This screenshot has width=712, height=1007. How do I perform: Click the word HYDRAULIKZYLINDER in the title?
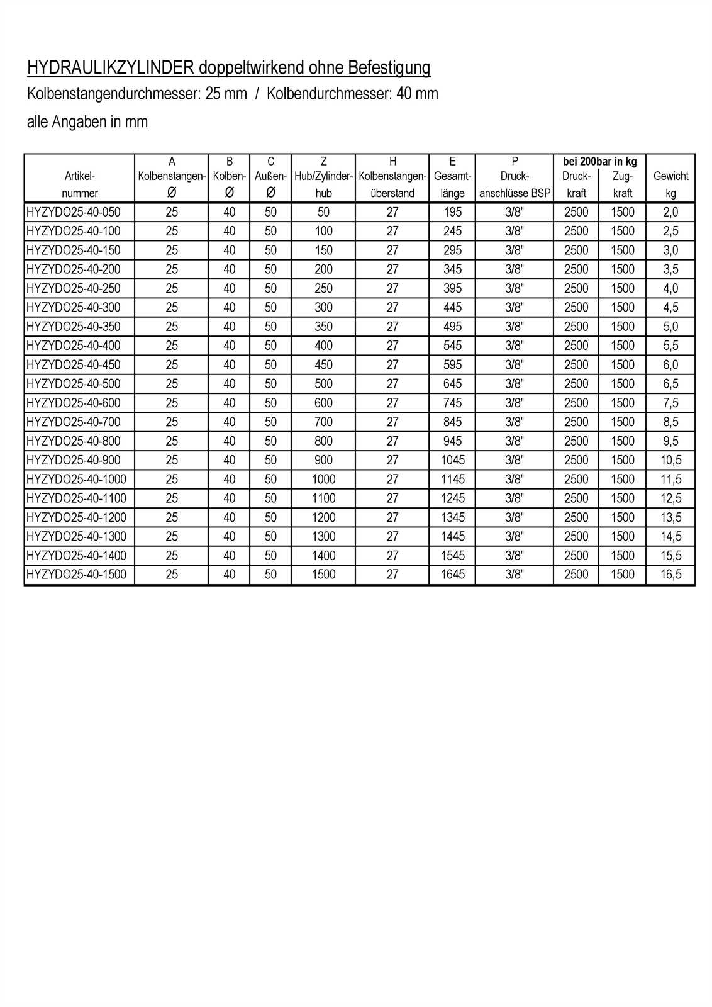[x=111, y=68]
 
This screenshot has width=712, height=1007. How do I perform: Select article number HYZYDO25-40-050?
[x=74, y=212]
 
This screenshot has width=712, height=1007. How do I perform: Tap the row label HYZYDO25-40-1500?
[x=76, y=575]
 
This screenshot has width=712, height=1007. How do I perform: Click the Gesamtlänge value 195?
[x=452, y=212]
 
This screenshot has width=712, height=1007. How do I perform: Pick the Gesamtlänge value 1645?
[x=452, y=575]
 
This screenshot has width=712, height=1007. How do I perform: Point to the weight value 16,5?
[x=670, y=575]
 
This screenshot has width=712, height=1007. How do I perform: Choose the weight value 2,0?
[x=670, y=212]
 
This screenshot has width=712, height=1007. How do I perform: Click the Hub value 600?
[x=323, y=403]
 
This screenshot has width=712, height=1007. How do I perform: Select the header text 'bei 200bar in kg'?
[x=599, y=162]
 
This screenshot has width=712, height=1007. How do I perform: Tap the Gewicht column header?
[x=670, y=176]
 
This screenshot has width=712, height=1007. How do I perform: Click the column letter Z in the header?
[x=323, y=162]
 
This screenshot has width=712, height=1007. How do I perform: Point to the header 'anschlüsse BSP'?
[x=515, y=193]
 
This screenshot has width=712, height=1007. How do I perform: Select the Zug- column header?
[x=622, y=176]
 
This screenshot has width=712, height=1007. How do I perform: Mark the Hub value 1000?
[x=323, y=479]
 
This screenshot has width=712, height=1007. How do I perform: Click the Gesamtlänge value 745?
[x=452, y=403]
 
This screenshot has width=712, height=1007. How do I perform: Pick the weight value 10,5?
[x=670, y=460]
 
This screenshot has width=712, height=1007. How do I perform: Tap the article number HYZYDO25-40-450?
[x=74, y=364]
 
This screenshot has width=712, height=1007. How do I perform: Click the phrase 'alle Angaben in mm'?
[x=87, y=121]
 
